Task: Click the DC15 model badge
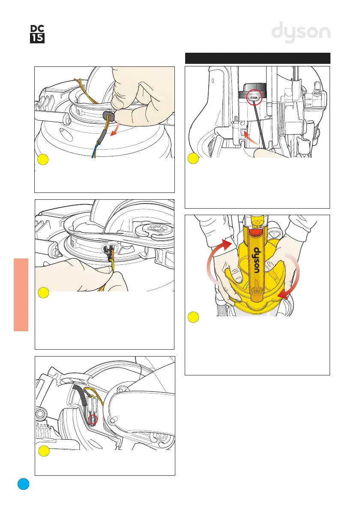tap(38, 33)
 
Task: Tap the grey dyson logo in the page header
tap(302, 33)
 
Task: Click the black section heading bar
tap(258, 58)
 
